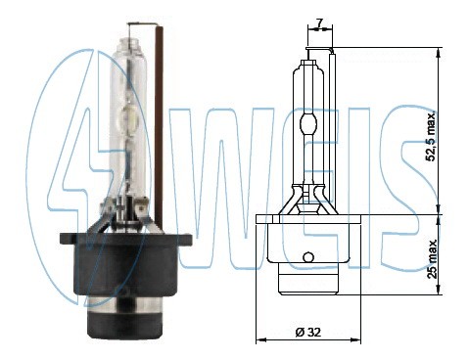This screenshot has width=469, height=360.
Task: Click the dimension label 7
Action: tap(319, 22)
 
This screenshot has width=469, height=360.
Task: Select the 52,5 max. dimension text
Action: tap(432, 136)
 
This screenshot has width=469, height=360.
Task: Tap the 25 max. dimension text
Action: tap(433, 259)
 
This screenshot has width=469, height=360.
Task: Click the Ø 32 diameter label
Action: tap(308, 333)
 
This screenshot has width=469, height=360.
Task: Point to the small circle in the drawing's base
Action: tap(307, 257)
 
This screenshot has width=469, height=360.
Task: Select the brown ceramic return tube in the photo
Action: tap(160, 125)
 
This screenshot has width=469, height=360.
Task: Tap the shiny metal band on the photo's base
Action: tap(125, 304)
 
